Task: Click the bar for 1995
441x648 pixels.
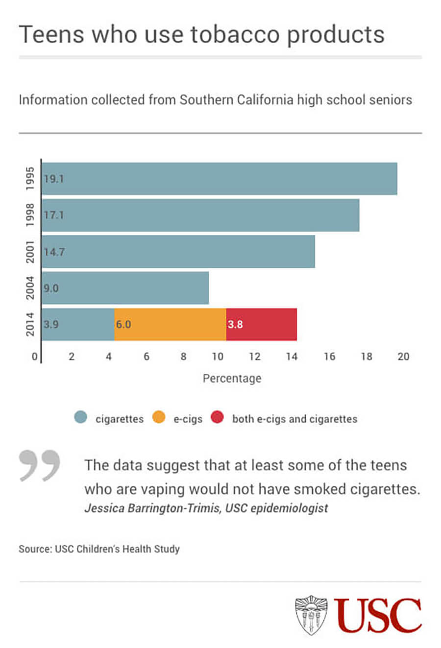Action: pos(220,178)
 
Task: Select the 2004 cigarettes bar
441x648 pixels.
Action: pos(125,288)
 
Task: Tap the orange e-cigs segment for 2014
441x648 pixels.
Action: pos(170,324)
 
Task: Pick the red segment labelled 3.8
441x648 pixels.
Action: pos(261,324)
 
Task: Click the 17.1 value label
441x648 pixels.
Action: pos(53,215)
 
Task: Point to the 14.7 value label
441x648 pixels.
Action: pos(53,252)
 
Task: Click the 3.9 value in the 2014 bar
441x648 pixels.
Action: pos(51,324)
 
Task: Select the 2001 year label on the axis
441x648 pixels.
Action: pos(30,252)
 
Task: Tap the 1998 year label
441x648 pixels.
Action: pos(30,215)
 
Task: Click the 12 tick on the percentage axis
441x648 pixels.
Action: pos(254,357)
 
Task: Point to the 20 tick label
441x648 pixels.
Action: pos(403,357)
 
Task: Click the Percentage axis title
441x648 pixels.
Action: pos(232,379)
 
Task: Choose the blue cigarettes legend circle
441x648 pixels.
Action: pos(81,418)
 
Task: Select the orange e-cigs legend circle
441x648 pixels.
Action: pos(159,418)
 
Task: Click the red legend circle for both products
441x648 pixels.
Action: pos(217,418)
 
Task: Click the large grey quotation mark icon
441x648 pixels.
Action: pos(40,465)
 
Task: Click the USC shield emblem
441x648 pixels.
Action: pos(311,615)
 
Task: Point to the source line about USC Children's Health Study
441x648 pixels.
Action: pos(99,549)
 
